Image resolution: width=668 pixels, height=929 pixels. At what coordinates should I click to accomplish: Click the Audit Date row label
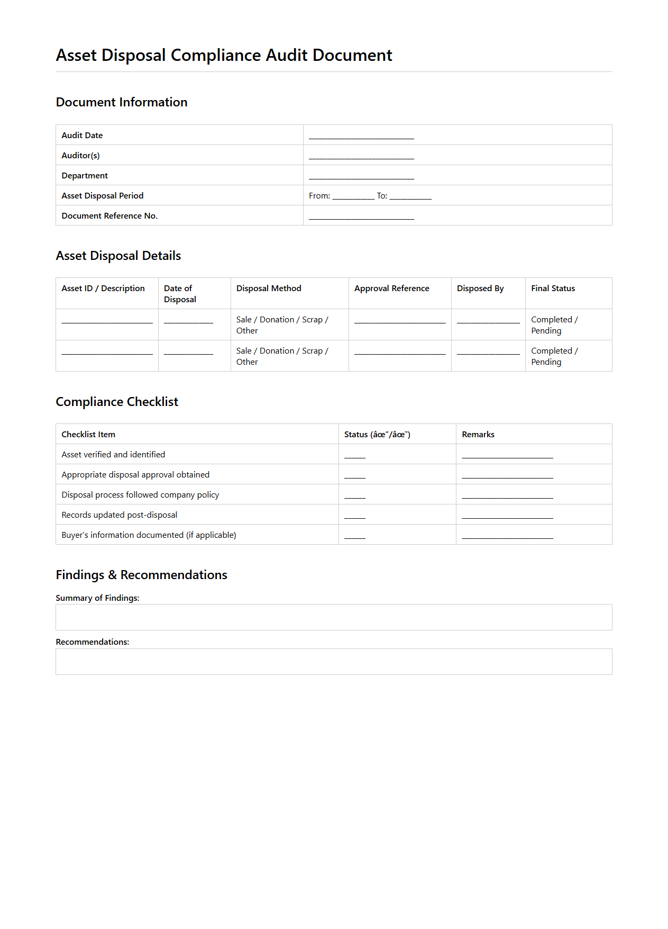point(82,136)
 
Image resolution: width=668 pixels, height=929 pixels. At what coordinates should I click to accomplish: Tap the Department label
point(85,176)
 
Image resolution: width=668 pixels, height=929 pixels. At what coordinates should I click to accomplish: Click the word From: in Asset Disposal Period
point(319,196)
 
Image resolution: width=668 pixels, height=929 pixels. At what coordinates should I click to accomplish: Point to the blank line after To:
point(410,197)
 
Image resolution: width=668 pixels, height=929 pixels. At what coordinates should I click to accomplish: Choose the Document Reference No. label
point(109,216)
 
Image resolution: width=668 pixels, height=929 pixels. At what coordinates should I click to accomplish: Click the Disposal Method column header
point(269,288)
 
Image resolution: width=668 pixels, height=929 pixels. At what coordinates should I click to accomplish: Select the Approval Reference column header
point(391,288)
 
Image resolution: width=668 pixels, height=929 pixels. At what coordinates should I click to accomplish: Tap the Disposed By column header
point(480,288)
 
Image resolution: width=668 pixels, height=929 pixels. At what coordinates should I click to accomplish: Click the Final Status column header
point(553,288)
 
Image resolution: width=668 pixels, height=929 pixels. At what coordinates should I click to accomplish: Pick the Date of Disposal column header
point(180,294)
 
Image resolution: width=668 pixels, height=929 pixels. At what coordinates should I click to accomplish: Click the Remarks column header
point(478,435)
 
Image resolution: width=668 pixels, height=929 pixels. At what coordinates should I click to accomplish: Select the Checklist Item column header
point(88,435)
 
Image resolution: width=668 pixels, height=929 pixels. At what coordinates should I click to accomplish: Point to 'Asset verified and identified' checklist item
point(113,455)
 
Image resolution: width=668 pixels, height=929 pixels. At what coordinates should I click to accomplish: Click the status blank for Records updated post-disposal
point(355,517)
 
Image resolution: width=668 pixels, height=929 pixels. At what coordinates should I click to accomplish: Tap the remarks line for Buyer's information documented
point(507,537)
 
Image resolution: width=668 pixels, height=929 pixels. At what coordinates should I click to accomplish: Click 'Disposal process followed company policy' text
point(140,495)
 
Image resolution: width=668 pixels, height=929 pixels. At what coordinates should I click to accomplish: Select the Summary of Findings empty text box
point(334,617)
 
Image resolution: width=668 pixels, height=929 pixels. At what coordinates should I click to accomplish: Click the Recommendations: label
point(93,642)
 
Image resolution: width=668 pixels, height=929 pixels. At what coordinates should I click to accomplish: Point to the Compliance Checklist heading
point(117,402)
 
